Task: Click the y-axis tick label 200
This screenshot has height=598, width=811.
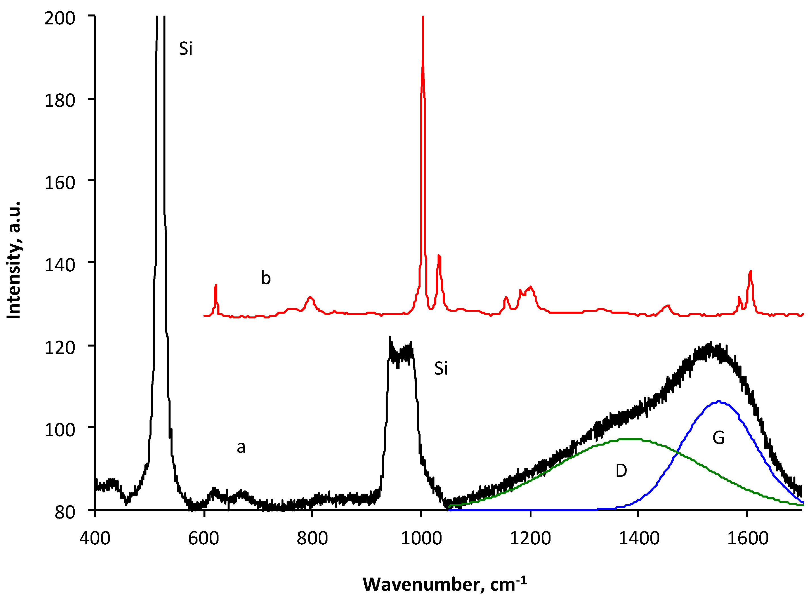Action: click(x=59, y=18)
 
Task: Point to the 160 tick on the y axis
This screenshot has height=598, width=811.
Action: click(x=59, y=182)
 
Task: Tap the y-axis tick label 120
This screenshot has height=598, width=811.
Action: click(x=59, y=347)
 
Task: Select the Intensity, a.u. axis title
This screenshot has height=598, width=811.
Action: click(x=14, y=260)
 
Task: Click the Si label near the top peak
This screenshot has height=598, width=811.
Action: click(x=185, y=49)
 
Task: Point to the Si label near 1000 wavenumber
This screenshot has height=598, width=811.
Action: click(x=441, y=368)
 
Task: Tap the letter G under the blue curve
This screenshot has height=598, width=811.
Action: click(x=718, y=438)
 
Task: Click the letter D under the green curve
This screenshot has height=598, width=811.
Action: click(x=621, y=471)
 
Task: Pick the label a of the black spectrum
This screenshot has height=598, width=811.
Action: click(x=241, y=447)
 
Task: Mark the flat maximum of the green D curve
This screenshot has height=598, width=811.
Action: click(x=630, y=439)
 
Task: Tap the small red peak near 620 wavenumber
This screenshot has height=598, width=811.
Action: click(x=216, y=286)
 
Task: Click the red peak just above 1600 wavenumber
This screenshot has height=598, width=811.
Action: click(x=751, y=272)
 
